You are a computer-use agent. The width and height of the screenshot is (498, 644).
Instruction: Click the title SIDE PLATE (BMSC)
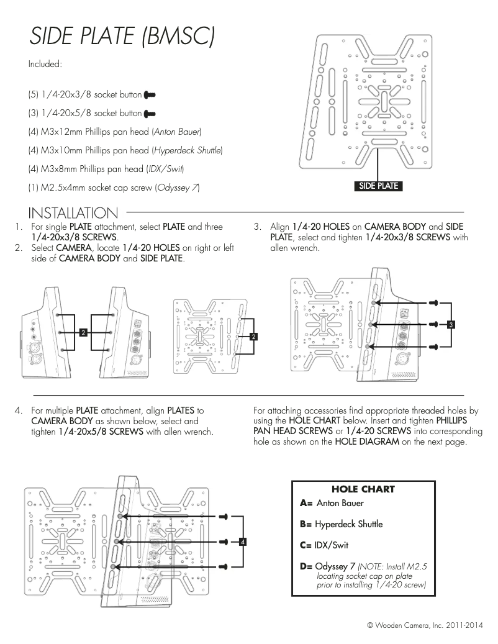122,37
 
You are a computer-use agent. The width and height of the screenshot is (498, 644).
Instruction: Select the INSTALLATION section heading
73,214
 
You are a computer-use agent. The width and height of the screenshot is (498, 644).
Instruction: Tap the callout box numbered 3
451,324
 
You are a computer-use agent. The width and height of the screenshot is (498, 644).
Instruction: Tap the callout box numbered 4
243,542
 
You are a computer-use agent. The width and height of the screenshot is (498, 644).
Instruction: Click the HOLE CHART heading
363,489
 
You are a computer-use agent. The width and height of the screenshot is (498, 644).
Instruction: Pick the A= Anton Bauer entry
332,503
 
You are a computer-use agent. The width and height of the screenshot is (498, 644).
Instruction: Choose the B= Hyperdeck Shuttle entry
341,524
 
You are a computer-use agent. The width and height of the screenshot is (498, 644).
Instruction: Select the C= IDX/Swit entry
324,545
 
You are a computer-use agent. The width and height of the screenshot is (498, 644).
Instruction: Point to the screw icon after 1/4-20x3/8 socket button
149,95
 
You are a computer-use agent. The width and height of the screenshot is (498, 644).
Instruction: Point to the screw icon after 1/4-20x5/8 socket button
149,114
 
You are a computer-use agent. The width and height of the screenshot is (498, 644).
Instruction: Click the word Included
45,64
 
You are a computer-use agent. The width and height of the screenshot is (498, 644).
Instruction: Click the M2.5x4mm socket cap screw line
114,188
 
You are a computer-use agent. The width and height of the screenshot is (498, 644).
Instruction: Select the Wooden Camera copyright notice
425,624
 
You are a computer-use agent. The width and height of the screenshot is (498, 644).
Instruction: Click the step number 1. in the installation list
19,227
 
